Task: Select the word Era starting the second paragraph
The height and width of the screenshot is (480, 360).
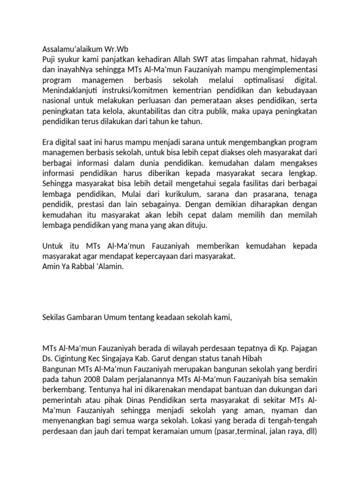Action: click(x=48, y=142)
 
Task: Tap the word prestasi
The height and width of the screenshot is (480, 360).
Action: click(x=88, y=204)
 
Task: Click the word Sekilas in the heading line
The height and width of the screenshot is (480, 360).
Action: click(x=53, y=317)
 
